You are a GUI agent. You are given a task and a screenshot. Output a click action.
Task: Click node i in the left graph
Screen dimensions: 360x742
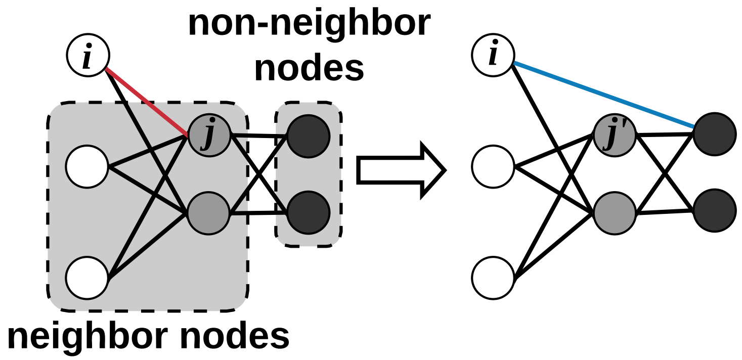[88, 56]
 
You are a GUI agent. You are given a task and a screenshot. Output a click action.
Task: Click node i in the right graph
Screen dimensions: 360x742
[493, 55]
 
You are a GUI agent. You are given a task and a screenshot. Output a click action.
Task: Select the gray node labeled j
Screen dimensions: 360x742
[209, 136]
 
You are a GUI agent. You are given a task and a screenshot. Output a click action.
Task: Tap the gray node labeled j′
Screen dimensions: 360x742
[615, 135]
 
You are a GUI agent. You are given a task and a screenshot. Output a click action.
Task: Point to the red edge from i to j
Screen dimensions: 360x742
[147, 102]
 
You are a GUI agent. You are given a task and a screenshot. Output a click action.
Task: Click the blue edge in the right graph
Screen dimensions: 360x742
[602, 94]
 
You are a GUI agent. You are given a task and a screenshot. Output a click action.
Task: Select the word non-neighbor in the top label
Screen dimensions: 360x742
[309, 23]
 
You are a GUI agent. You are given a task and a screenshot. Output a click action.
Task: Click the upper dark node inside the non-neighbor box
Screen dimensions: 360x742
[309, 136]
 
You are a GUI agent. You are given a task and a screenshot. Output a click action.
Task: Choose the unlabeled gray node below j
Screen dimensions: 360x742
[209, 213]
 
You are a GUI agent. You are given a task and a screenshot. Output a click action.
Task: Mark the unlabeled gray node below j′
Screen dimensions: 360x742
[615, 213]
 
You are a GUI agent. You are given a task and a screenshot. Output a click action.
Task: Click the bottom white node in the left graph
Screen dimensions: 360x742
[87, 278]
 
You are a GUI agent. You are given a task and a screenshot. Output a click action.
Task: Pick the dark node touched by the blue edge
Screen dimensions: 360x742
[714, 134]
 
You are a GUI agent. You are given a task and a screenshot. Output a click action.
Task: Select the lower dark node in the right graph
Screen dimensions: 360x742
[714, 210]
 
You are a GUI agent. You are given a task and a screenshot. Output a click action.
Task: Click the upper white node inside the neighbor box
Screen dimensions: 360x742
[87, 166]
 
